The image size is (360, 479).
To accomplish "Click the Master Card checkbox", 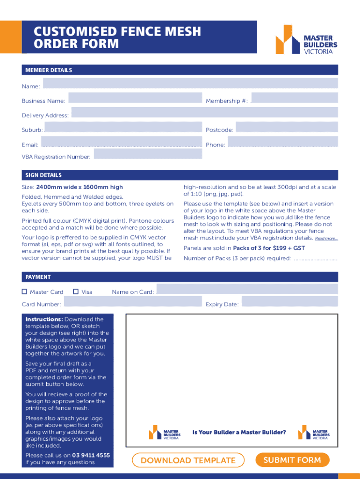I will pyautogui.click(x=24, y=292).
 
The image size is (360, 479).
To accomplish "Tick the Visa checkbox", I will pyautogui.click(x=75, y=292).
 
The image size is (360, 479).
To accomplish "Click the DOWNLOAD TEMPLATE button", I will pyautogui.click(x=188, y=460).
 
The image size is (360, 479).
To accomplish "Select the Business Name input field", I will pyautogui.click(x=135, y=98).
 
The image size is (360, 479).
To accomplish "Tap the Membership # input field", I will pyautogui.click(x=295, y=98).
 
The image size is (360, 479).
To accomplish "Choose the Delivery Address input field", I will pyautogui.click(x=204, y=113).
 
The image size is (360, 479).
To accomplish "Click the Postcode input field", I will pyautogui.click(x=286, y=127).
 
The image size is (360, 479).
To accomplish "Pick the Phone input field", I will pyautogui.click(x=282, y=142).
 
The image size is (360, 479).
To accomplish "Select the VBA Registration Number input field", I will pyautogui.click(x=148, y=154).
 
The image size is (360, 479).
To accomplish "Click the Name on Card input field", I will pyautogui.click(x=247, y=289).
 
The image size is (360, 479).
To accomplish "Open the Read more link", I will pyautogui.click(x=326, y=239).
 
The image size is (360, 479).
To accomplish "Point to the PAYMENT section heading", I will pyautogui.click(x=38, y=277).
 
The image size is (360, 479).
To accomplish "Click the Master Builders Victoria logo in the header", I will pyautogui.click(x=306, y=39).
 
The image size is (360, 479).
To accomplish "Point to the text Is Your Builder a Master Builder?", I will pyautogui.click(x=239, y=432).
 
